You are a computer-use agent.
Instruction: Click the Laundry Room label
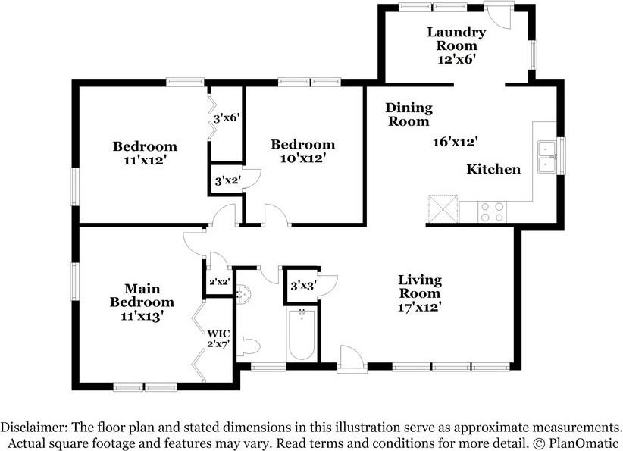(456, 39)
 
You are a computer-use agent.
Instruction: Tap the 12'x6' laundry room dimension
(456, 59)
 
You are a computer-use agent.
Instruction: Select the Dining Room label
(409, 114)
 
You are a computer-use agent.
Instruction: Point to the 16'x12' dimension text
(455, 142)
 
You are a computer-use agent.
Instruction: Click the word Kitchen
(493, 169)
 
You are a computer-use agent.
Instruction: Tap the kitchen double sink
(547, 157)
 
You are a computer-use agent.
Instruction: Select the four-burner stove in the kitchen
(493, 211)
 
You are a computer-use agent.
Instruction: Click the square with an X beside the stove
(443, 209)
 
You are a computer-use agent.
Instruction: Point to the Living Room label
(420, 287)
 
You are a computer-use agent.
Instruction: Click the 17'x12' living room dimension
(420, 307)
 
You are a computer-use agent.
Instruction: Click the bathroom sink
(244, 294)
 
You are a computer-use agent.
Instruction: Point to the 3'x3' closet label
(303, 286)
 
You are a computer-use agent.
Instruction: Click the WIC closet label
(218, 338)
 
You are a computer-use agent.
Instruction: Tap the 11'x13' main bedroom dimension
(142, 316)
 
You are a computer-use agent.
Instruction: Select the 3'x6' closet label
(226, 118)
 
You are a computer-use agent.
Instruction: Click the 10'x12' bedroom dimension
(303, 158)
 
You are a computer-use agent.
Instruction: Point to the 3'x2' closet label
(227, 181)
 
